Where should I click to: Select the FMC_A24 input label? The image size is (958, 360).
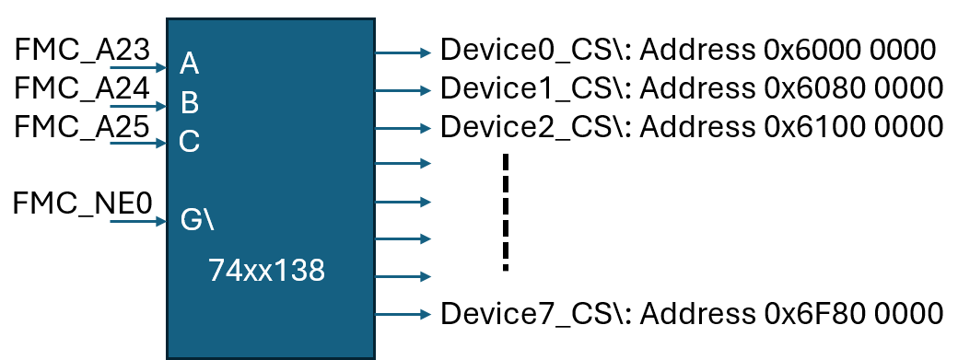pyautogui.click(x=82, y=88)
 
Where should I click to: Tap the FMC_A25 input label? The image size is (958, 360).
pyautogui.click(x=82, y=126)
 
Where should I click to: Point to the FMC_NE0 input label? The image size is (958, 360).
pyautogui.click(x=82, y=203)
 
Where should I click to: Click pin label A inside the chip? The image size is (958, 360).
pyautogui.click(x=190, y=64)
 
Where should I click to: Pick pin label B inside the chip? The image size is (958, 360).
pyautogui.click(x=190, y=101)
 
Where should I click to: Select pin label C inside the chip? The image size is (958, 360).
pyautogui.click(x=190, y=141)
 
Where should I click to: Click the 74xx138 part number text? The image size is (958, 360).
pyautogui.click(x=266, y=271)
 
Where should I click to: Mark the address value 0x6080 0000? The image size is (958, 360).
pyautogui.click(x=853, y=88)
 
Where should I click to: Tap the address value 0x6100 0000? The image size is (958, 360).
pyautogui.click(x=853, y=126)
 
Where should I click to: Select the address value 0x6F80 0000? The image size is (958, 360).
pyautogui.click(x=853, y=313)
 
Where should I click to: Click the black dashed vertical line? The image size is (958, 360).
pyautogui.click(x=505, y=212)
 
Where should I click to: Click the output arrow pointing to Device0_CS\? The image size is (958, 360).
pyautogui.click(x=403, y=53)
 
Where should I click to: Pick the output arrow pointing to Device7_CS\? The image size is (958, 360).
pyautogui.click(x=403, y=314)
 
